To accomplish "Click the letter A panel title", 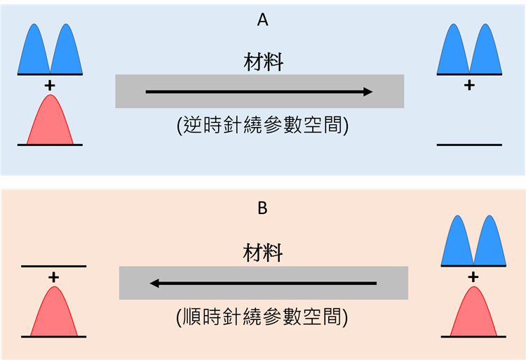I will click(x=263, y=20).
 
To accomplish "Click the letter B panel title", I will click(x=263, y=208).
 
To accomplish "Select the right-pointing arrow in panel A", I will click(x=259, y=91).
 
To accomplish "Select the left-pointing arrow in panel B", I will click(x=263, y=284).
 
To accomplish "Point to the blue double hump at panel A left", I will click(x=50, y=51).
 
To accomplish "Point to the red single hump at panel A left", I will click(x=50, y=121).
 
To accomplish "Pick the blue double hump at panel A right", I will click(x=469, y=51).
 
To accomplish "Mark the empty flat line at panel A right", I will click(x=469, y=145).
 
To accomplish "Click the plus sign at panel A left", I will click(x=50, y=85).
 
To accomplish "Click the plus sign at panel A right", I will click(x=469, y=85).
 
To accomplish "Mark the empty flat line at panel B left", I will click(x=54, y=267).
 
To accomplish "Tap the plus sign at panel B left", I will click(x=54, y=277).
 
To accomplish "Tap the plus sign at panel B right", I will click(x=473, y=276).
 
